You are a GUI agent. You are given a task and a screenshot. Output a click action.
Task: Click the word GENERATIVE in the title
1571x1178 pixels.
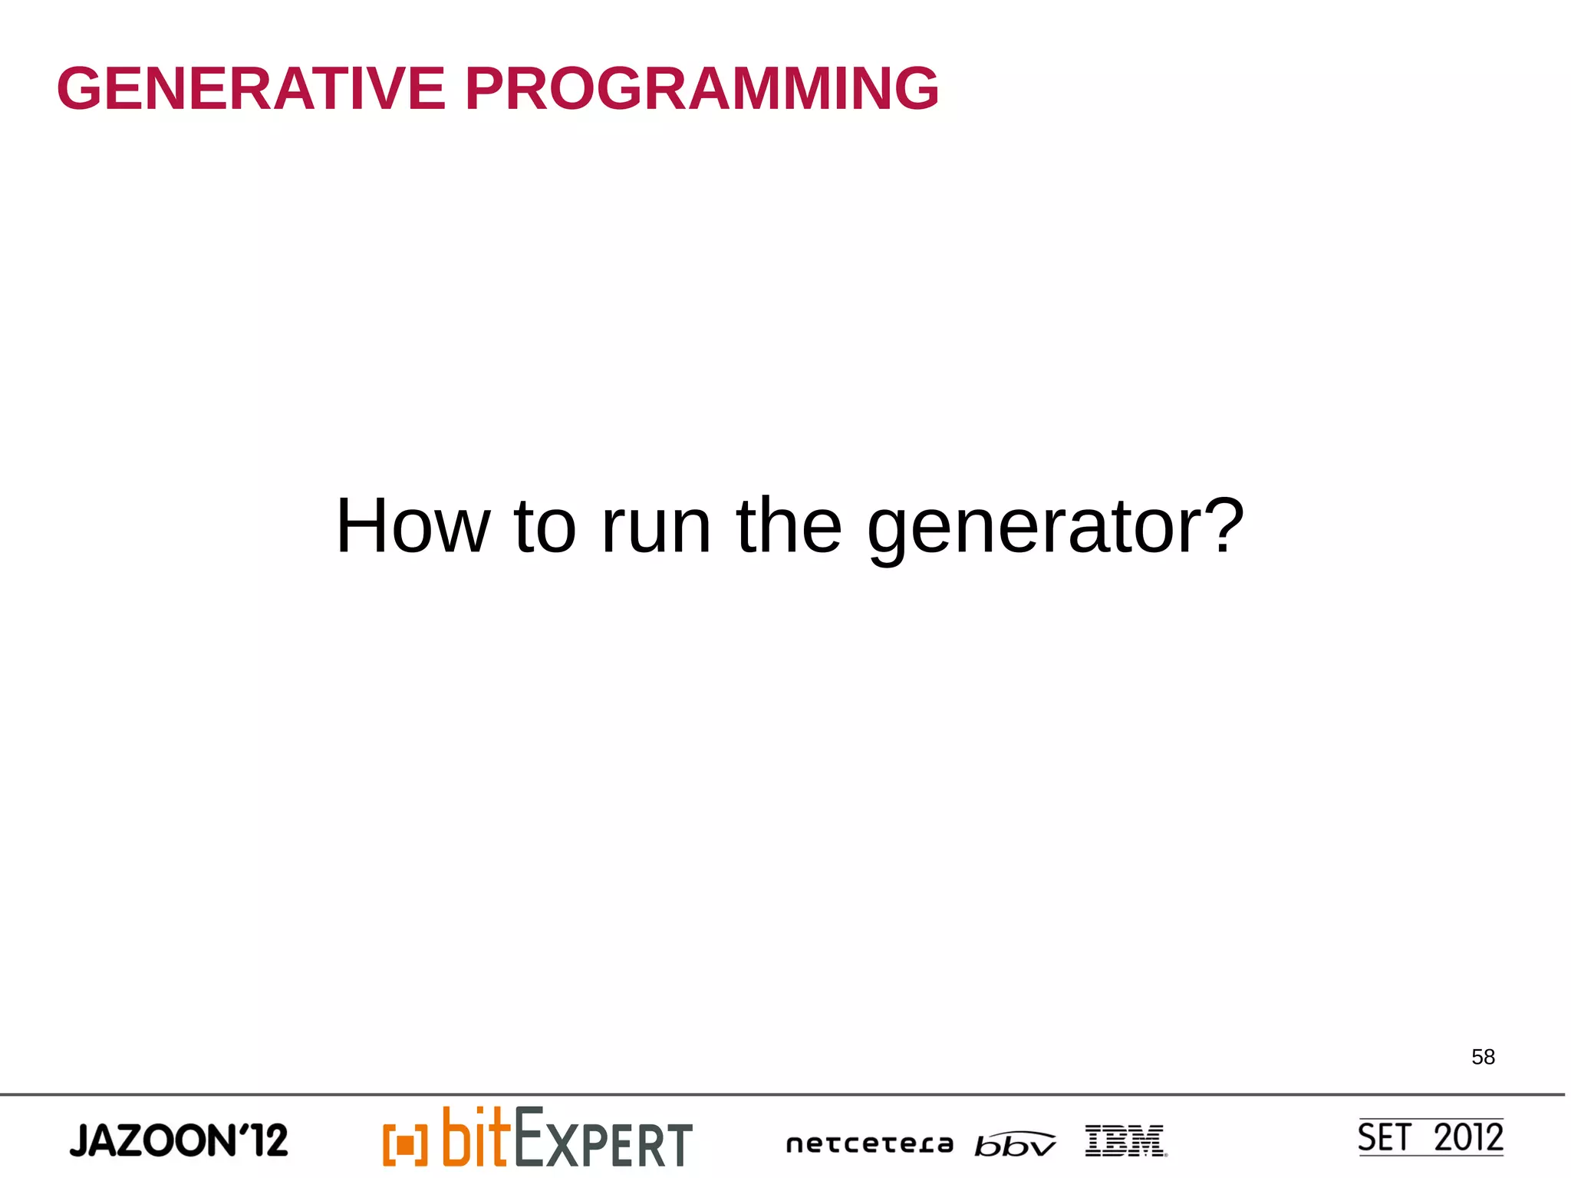click(x=251, y=89)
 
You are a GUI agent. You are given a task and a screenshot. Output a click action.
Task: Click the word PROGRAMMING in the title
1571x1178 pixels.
click(x=701, y=89)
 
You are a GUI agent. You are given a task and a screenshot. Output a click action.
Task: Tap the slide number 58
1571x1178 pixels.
click(x=1483, y=1057)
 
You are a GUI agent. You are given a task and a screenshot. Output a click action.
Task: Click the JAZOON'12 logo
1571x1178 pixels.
click(x=179, y=1140)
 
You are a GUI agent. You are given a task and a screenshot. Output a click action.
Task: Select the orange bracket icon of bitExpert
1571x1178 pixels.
click(x=404, y=1144)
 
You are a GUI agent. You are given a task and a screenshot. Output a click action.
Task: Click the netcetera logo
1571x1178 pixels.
click(x=869, y=1144)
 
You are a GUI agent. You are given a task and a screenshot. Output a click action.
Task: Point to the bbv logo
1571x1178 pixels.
click(x=1014, y=1143)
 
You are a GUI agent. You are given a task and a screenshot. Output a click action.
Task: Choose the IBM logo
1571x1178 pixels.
click(x=1125, y=1140)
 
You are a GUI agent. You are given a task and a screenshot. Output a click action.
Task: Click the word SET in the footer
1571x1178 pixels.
click(x=1384, y=1137)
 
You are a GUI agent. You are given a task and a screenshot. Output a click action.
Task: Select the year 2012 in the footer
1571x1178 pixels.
click(x=1468, y=1137)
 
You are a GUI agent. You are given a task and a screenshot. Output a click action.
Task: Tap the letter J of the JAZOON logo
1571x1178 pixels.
click(x=80, y=1141)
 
